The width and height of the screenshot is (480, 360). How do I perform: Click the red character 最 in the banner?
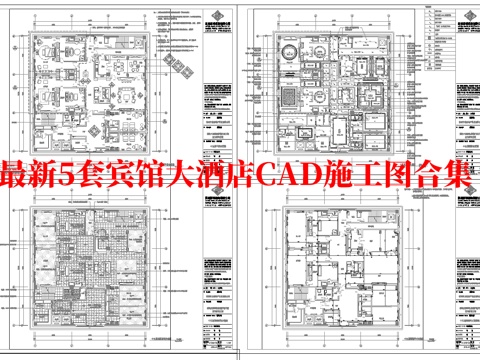(18, 178)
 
